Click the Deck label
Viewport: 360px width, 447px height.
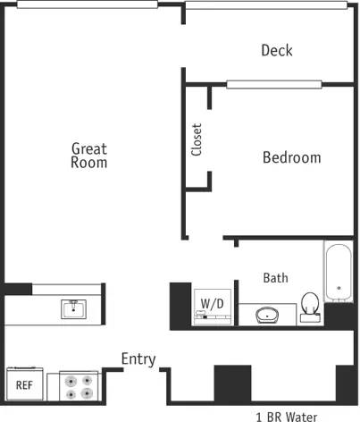tap(276, 50)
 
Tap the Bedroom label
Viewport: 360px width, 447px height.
tap(291, 157)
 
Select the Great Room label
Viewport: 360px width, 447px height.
tap(89, 156)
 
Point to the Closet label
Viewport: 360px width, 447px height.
tap(197, 139)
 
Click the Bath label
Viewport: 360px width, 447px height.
tap(275, 278)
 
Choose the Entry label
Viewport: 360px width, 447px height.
tap(138, 359)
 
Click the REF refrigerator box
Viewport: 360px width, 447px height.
tap(24, 386)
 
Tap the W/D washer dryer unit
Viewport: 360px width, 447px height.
tap(212, 305)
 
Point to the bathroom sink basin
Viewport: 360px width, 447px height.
tap(268, 315)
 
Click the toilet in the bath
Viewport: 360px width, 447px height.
tap(311, 307)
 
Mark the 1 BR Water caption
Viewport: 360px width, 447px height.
tap(286, 417)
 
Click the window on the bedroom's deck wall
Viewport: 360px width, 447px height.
tap(273, 85)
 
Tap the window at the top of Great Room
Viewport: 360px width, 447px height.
tap(87, 4)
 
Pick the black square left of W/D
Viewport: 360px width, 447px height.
tap(180, 305)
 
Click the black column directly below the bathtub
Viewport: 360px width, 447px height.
tap(339, 315)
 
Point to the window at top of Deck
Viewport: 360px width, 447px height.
tap(265, 4)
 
